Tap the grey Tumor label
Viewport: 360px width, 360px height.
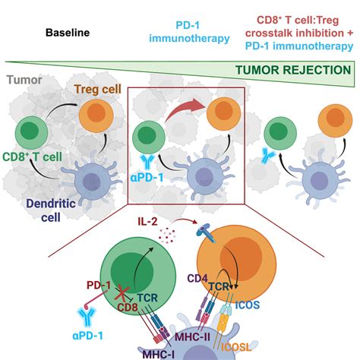[x=23, y=79]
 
